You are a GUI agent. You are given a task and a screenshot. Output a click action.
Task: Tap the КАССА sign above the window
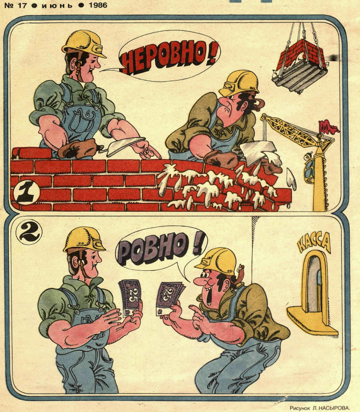(313, 243)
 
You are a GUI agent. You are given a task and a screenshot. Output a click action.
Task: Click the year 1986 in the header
(98, 5)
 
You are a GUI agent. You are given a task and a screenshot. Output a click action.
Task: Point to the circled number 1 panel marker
(26, 192)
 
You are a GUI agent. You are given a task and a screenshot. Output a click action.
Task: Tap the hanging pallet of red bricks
(300, 65)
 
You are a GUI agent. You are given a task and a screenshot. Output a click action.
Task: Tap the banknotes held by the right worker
(169, 297)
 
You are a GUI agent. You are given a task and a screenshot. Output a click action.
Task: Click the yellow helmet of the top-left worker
(84, 43)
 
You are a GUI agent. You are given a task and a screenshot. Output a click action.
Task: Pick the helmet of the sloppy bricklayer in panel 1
(239, 83)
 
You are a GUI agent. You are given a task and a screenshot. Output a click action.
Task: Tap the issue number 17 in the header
(22, 6)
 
